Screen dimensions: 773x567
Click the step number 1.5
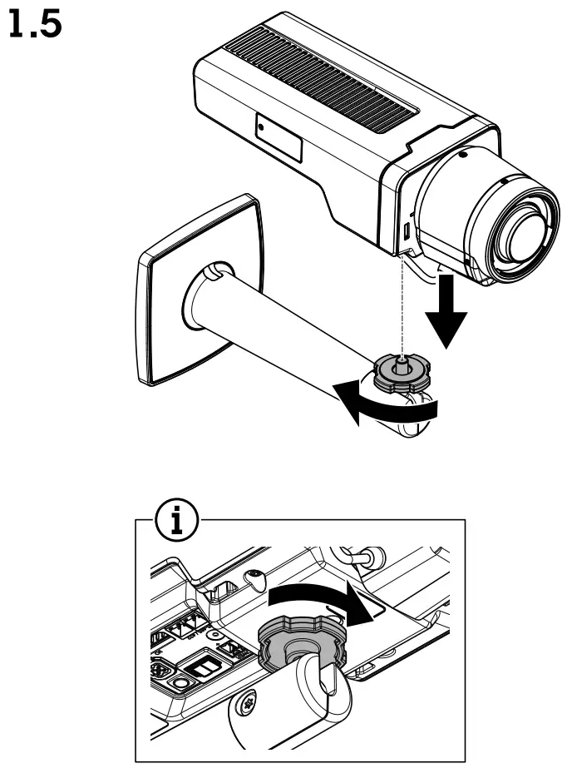[34, 26]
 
